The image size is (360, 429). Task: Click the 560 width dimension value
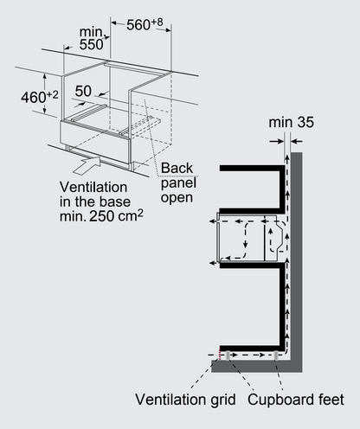coord(138,25)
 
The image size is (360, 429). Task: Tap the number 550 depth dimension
coord(91,45)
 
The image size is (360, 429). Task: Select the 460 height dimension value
coord(34,98)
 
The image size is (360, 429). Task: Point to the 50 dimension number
coord(83,91)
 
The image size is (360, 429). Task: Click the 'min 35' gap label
coord(291,122)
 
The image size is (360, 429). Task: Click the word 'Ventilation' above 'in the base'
coord(93,188)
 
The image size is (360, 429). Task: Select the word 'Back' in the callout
coord(177,168)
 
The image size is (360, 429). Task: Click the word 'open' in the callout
coord(177,198)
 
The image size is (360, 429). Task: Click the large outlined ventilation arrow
coord(87,165)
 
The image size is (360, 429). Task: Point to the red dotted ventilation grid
coord(220,355)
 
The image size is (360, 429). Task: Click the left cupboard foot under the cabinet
coord(228,355)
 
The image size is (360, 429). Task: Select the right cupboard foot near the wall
coord(276,355)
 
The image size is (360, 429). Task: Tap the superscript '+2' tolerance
coord(52,94)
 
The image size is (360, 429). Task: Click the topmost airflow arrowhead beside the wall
coord(287,157)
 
